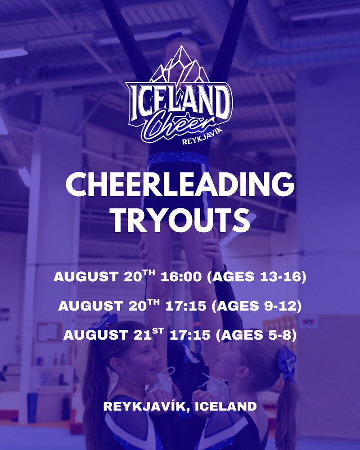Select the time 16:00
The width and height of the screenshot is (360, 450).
[x=181, y=277]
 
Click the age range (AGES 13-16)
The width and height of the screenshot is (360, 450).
[x=256, y=277]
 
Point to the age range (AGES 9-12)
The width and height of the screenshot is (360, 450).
[x=256, y=306]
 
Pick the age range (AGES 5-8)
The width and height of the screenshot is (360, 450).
[x=256, y=335]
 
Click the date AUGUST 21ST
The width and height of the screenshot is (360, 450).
[x=114, y=334]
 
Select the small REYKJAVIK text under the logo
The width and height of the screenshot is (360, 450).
[x=202, y=137]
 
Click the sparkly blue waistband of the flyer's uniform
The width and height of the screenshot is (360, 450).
[x=177, y=158]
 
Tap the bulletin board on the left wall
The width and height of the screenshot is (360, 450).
[x=49, y=332]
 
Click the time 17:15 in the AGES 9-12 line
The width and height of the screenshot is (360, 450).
[x=186, y=306]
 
